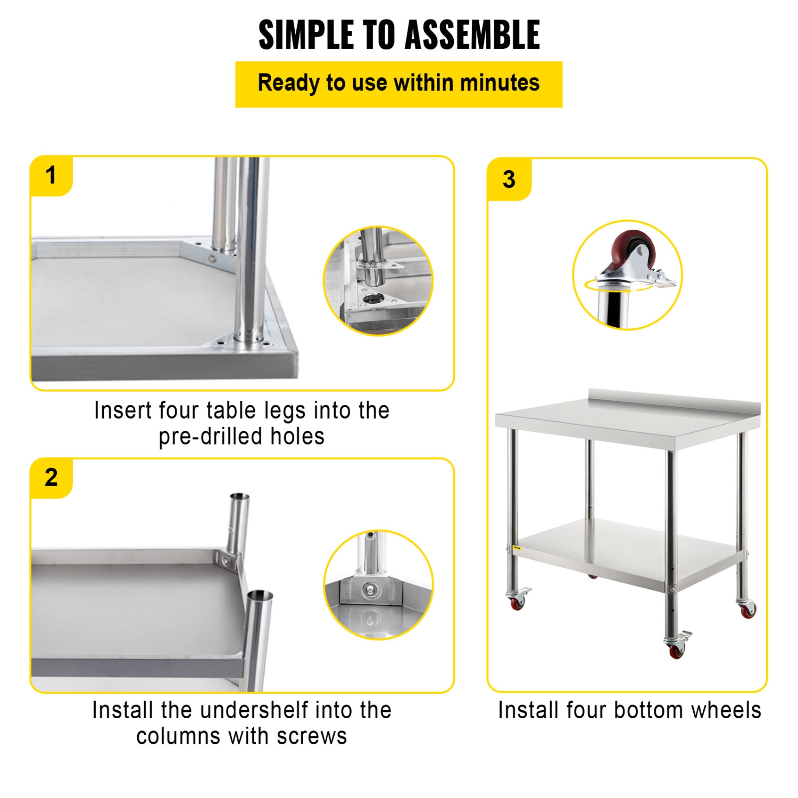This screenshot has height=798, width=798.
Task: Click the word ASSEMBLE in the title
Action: pyautogui.click(x=472, y=35)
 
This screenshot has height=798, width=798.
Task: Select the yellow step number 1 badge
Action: pyautogui.click(x=51, y=176)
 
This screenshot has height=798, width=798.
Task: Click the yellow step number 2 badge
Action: pyautogui.click(x=51, y=477)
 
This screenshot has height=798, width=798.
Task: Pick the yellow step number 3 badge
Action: pyautogui.click(x=509, y=179)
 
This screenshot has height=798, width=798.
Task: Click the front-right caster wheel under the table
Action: pyautogui.click(x=677, y=651)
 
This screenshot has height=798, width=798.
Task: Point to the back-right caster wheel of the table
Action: pyautogui.click(x=747, y=610)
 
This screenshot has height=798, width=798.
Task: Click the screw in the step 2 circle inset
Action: pyautogui.click(x=370, y=589)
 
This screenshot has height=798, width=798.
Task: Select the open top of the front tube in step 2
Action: pyautogui.click(x=260, y=594)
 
